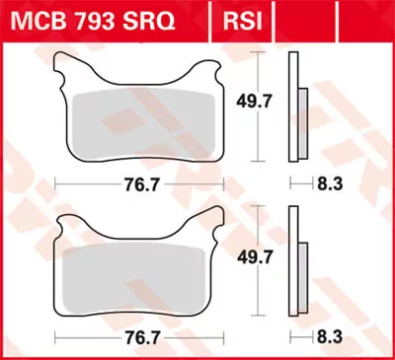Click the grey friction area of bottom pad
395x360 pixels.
138,276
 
